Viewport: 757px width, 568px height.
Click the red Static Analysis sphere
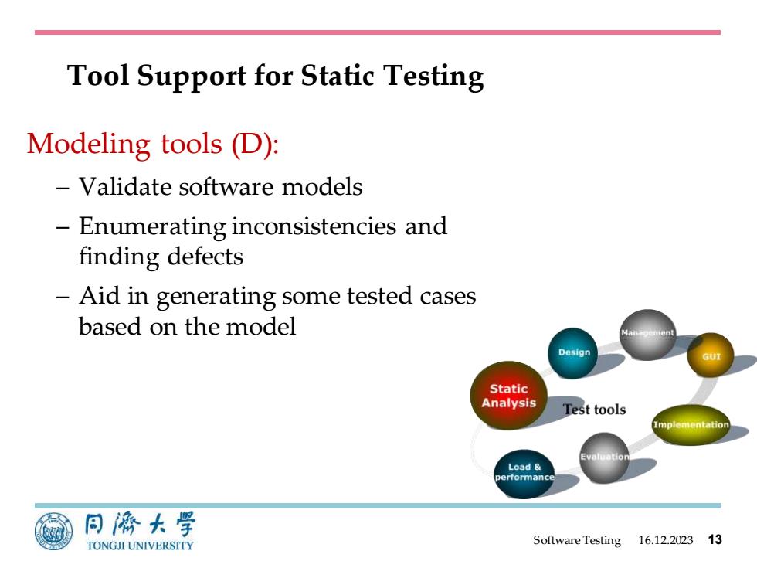click(508, 395)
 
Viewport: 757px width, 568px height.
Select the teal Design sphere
click(572, 353)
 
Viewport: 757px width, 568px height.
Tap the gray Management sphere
click(648, 334)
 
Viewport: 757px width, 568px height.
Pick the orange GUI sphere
click(711, 355)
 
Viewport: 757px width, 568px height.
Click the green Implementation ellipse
click(691, 424)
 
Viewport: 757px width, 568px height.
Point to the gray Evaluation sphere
click(604, 457)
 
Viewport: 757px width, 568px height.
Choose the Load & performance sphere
click(524, 474)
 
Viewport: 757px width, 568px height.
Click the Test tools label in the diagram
click(594, 410)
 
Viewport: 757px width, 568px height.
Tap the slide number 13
click(715, 539)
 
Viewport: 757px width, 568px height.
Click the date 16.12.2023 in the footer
click(665, 540)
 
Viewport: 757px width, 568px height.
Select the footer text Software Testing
click(577, 540)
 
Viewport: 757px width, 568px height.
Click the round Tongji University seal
click(53, 532)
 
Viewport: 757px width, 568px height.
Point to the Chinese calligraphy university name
click(140, 525)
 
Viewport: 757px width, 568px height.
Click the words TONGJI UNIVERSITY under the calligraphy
click(140, 546)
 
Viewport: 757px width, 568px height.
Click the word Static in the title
click(338, 76)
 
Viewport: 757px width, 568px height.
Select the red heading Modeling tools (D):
click(153, 144)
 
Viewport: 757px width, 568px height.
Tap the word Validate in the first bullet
click(124, 186)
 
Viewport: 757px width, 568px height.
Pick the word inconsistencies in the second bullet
click(314, 226)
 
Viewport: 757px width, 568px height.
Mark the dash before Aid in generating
click(63, 295)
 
